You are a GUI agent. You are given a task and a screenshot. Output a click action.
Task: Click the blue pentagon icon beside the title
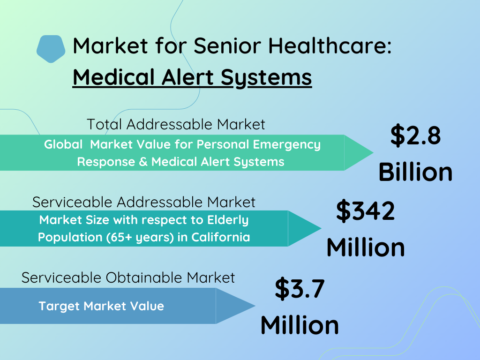click(x=51, y=49)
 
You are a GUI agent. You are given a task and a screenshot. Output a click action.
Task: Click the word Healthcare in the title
click(x=330, y=46)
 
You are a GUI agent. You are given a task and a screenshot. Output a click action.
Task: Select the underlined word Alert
click(x=187, y=77)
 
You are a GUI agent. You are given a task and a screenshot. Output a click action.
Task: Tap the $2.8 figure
click(x=415, y=135)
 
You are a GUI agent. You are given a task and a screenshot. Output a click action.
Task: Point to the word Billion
click(x=415, y=172)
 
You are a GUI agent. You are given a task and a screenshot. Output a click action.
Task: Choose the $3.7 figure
click(x=300, y=288)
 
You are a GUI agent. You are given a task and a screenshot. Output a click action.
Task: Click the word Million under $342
click(x=366, y=247)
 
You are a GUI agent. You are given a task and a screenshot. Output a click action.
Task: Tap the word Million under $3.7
click(x=300, y=325)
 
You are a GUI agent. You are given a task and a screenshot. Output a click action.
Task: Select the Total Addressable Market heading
click(x=176, y=124)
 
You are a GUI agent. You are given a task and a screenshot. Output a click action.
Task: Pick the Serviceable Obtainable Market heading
click(x=128, y=277)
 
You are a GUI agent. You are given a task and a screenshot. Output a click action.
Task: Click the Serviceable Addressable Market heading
click(x=143, y=202)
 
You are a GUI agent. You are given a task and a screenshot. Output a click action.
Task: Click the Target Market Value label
click(x=101, y=306)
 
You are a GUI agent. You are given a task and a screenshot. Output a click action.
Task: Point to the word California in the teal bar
click(x=221, y=237)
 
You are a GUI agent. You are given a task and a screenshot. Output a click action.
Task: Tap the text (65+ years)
click(x=140, y=238)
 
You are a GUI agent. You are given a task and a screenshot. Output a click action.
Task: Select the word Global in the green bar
click(x=63, y=144)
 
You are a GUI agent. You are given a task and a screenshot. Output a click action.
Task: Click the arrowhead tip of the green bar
click(x=374, y=152)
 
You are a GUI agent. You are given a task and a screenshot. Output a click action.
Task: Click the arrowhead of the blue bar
click(x=235, y=306)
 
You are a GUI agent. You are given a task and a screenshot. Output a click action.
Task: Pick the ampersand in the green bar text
click(x=143, y=162)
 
